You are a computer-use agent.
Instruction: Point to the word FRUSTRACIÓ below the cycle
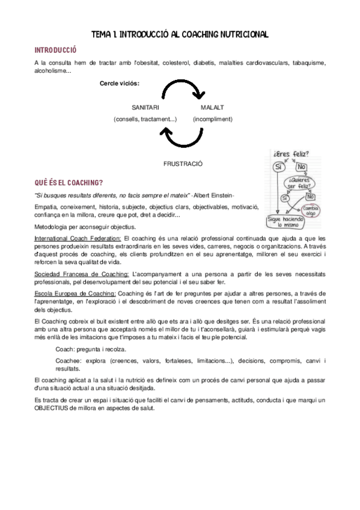(183, 163)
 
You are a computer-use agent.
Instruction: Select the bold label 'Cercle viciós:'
(120, 83)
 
